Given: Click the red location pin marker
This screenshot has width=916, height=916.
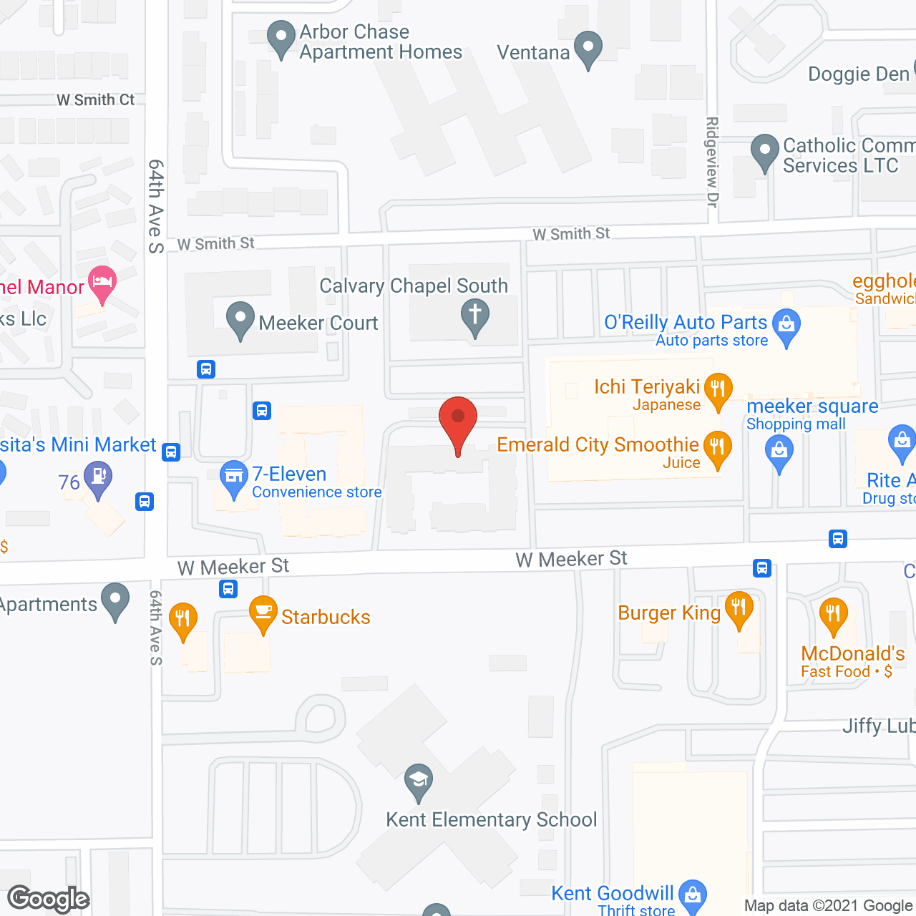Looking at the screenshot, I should tap(457, 419).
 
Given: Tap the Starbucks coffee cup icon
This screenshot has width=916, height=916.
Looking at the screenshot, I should tap(263, 612).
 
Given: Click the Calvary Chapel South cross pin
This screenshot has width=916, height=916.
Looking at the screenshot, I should tap(474, 316).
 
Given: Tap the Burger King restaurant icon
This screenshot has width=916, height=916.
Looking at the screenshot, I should tap(739, 608).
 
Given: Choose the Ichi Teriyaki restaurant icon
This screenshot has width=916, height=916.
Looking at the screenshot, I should tap(718, 389).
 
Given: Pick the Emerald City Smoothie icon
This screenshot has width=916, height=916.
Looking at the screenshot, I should tap(717, 447).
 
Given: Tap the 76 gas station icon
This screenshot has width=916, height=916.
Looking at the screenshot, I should tap(98, 477).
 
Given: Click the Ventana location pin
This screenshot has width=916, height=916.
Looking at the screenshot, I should tap(588, 48).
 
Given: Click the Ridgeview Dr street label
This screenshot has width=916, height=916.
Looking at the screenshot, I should tap(712, 162).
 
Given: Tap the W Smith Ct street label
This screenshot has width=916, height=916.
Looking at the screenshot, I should tap(95, 100).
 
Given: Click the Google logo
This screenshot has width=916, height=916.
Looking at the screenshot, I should tap(49, 899).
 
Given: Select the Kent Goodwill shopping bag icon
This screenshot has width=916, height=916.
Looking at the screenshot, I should tap(692, 895).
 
